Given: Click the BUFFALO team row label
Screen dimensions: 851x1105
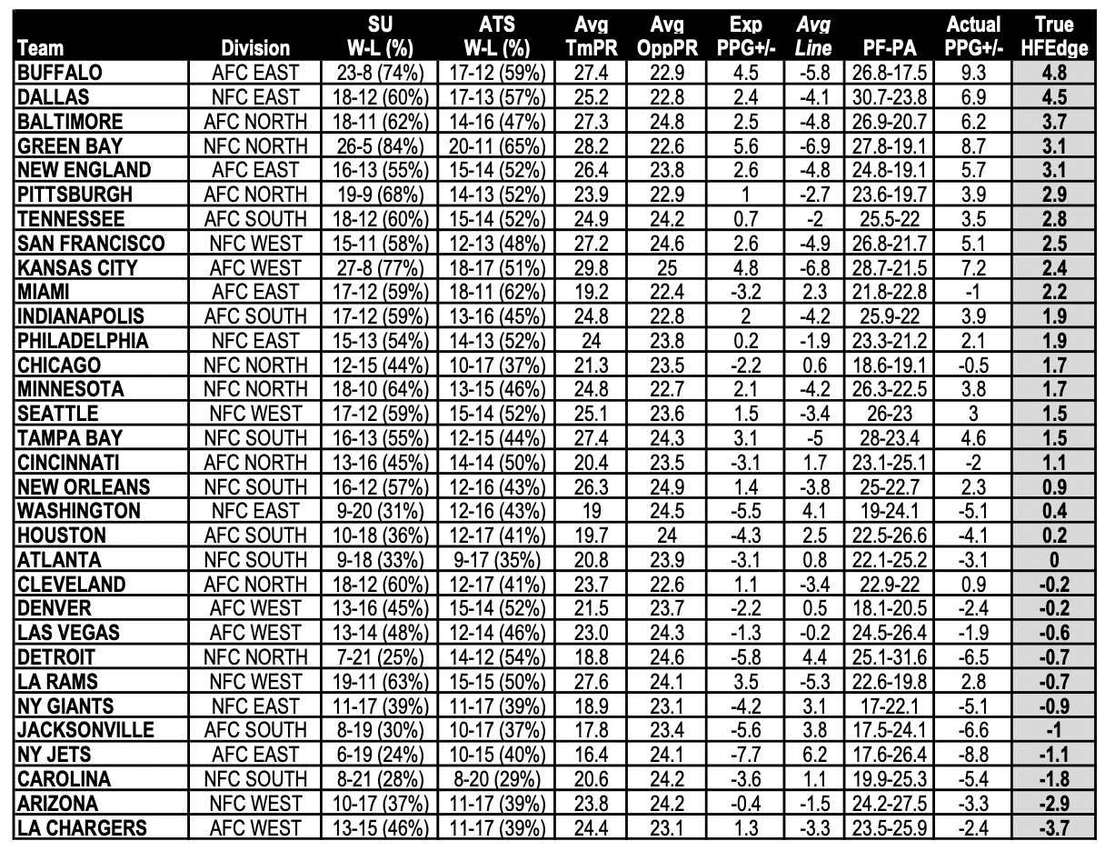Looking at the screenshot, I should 60,73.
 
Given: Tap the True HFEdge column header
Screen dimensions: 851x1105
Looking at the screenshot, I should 1052,36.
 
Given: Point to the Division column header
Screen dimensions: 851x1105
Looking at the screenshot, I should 254,48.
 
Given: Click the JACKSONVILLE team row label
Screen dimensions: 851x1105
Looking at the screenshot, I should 85,730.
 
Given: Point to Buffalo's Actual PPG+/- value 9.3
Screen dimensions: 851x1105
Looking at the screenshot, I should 972,73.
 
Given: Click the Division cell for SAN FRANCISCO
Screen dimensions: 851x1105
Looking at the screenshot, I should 254,244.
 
